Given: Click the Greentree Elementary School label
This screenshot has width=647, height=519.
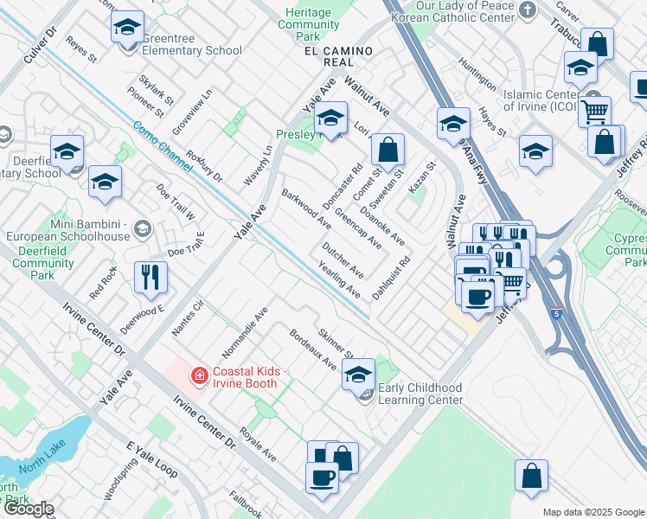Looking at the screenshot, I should tap(181, 51).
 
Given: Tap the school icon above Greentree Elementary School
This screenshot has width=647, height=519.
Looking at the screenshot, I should tap(127, 28).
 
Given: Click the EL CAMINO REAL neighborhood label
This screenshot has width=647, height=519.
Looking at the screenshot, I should tap(329, 57).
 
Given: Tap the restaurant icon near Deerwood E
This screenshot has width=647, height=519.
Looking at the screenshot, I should tap(151, 278).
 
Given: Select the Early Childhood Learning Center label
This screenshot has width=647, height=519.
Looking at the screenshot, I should tap(420, 394).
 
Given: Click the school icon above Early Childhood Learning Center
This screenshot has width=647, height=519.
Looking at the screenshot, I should tap(357, 375).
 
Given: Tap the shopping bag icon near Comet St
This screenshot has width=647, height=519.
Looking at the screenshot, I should tap(388, 150).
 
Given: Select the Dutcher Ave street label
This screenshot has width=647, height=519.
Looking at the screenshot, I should tap(341, 260).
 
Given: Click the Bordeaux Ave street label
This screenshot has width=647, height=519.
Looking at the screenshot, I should tap(312, 349).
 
